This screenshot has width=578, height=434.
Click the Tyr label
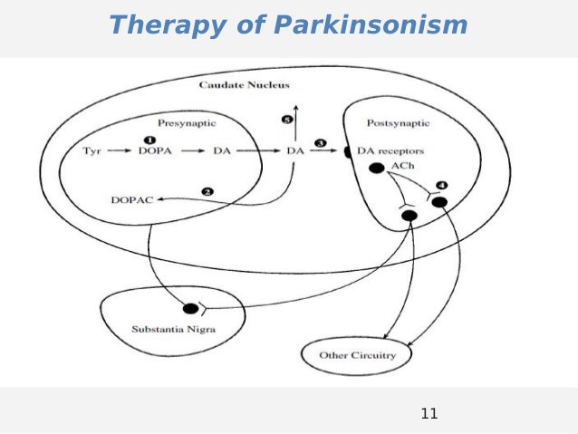pyautogui.click(x=91, y=150)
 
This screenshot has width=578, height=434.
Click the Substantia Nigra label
pyautogui.click(x=170, y=328)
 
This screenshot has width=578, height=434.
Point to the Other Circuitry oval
pyautogui.click(x=357, y=355)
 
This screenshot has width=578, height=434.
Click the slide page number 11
pyautogui.click(x=429, y=414)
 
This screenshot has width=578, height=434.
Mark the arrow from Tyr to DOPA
pyautogui.click(x=119, y=150)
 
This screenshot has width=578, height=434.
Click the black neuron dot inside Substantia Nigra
pyautogui.click(x=189, y=308)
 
